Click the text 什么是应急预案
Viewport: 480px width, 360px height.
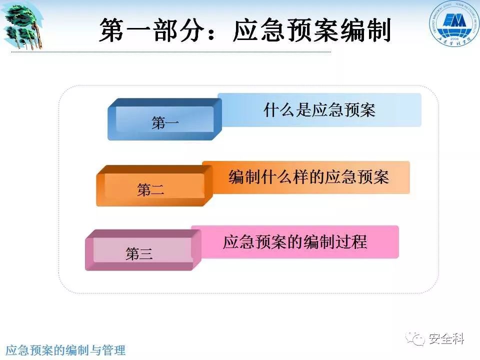[x=319, y=110]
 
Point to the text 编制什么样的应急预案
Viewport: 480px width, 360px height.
[x=308, y=177]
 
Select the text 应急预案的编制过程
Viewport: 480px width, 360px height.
[x=294, y=242]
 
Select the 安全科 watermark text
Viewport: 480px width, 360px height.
[x=446, y=339]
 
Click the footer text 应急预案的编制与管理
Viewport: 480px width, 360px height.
[x=65, y=350]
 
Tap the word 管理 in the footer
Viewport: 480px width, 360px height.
[x=113, y=350]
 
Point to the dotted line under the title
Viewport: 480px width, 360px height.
[x=170, y=51]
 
